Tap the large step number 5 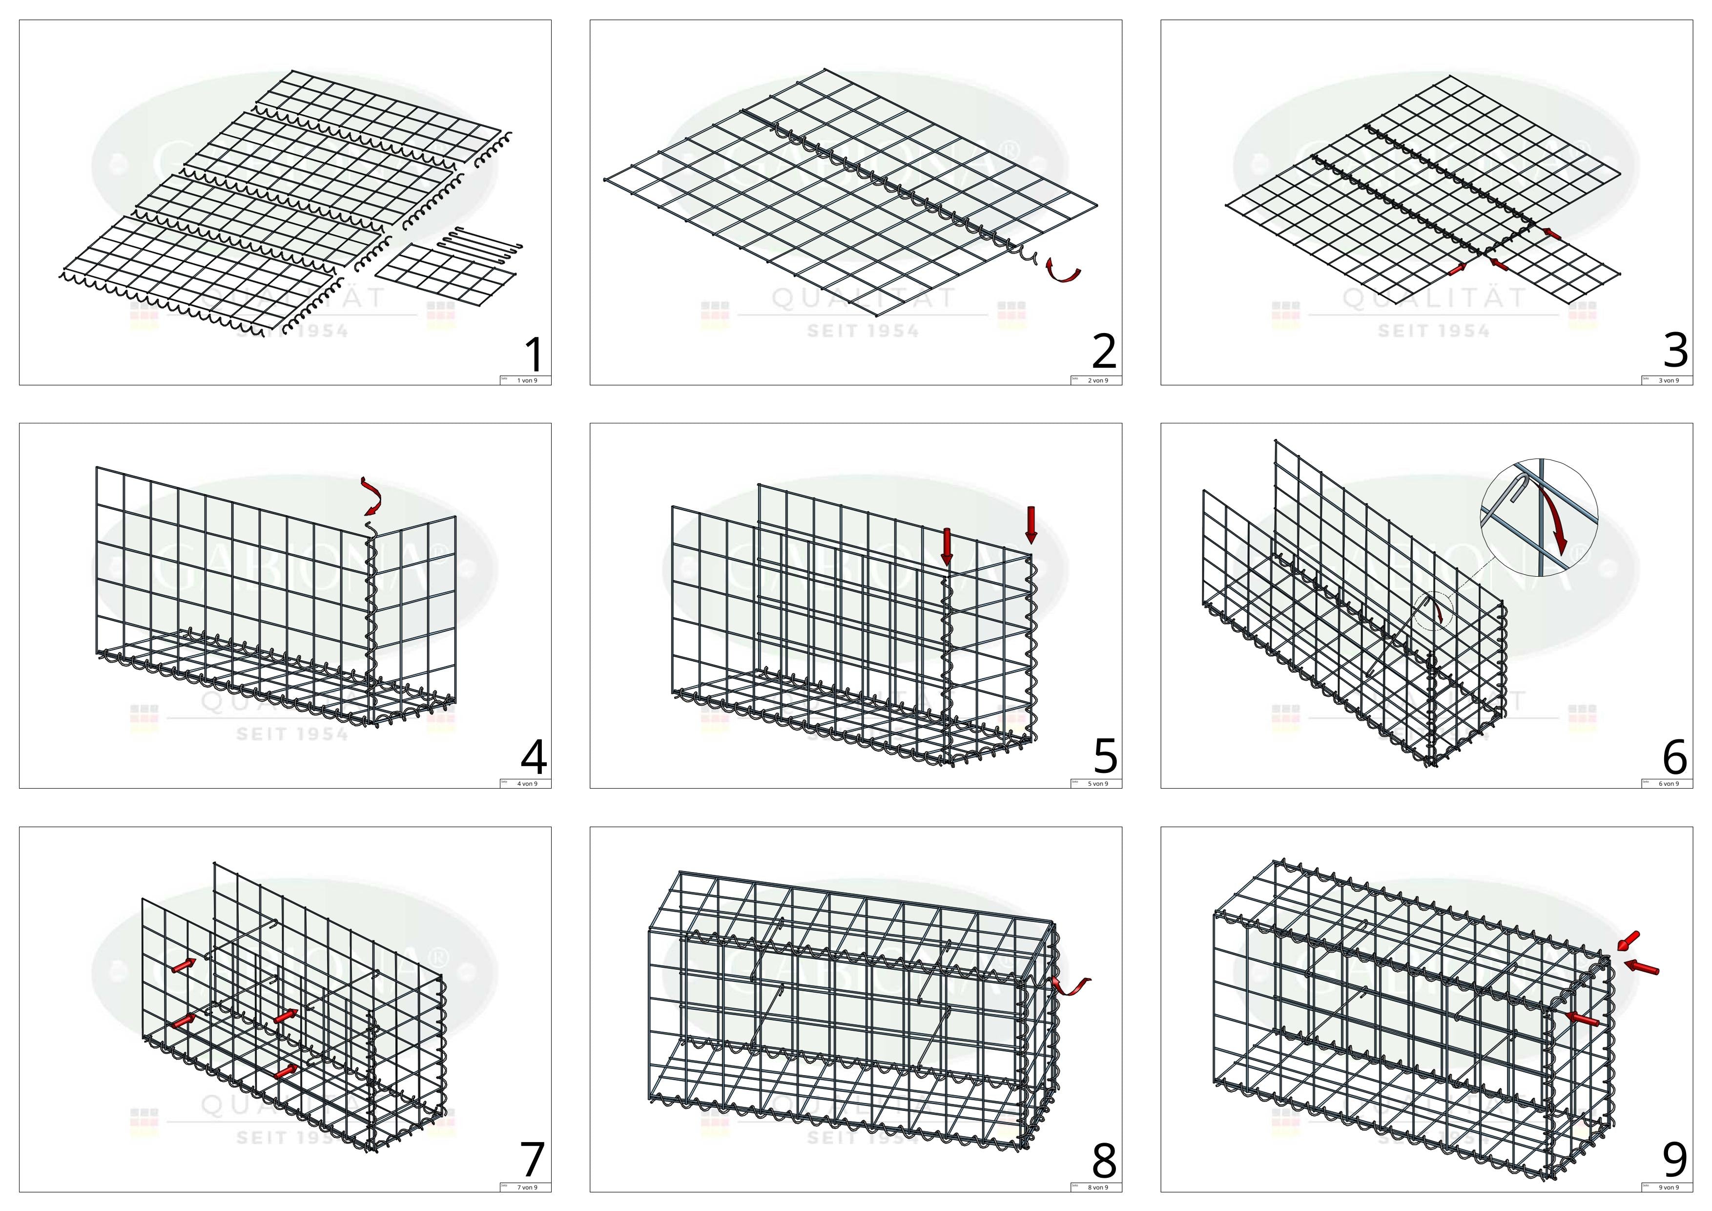pos(1105,757)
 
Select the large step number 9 pos(1675,1160)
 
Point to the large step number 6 pos(1675,757)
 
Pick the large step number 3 pos(1675,351)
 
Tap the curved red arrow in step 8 pos(1071,986)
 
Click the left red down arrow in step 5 pos(947,546)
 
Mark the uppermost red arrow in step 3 pos(1552,233)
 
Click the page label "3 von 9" pos(1669,380)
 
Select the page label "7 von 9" pos(527,1187)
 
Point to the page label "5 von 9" pos(1097,784)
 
